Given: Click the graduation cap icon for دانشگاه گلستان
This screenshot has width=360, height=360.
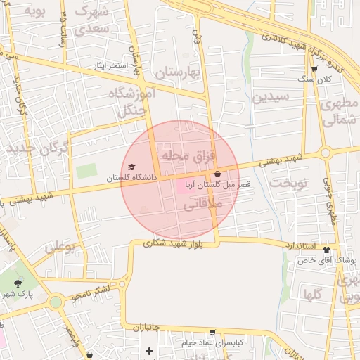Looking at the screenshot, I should [x=131, y=167].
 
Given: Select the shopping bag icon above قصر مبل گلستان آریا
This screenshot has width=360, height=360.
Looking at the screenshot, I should [x=217, y=174].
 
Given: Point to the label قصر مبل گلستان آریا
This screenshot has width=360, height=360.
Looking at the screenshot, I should [x=216, y=184].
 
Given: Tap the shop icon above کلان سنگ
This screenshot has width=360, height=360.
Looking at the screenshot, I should [x=314, y=69].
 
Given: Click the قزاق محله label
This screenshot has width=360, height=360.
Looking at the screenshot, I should [x=190, y=154].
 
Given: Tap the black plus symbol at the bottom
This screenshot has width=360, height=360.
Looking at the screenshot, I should [x=149, y=351].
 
